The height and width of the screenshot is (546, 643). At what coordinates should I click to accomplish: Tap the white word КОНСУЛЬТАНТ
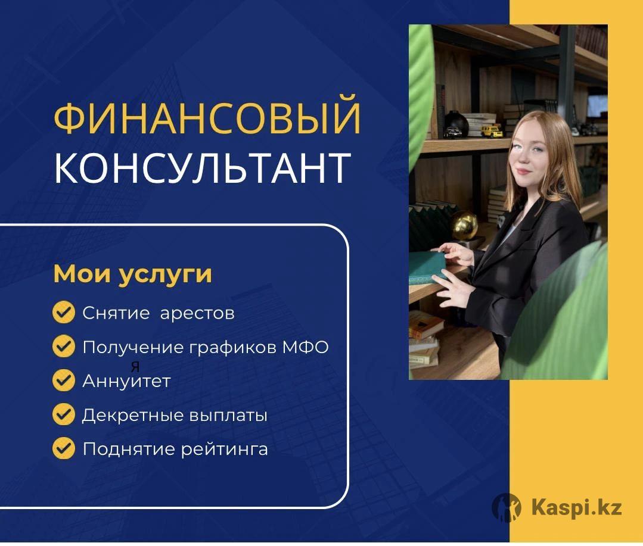(203, 168)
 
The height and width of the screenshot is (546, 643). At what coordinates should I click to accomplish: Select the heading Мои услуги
(133, 274)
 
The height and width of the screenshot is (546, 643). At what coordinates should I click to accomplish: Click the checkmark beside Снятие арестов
(64, 313)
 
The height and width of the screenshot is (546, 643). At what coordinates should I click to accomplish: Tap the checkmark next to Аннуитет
(64, 380)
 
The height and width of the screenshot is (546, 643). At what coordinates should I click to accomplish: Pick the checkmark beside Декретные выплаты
(64, 414)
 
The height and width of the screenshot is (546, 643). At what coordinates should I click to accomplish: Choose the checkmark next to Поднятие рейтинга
(64, 448)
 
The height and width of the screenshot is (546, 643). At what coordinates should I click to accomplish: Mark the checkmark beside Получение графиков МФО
(64, 346)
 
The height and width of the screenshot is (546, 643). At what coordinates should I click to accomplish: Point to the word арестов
(197, 314)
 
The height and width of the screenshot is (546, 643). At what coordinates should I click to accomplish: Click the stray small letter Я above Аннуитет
(135, 367)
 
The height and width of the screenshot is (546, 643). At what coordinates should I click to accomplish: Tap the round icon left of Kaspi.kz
(507, 507)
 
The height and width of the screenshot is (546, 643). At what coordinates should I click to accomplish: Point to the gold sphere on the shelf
(465, 225)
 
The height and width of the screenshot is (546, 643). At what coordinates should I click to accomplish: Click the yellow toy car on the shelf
(491, 131)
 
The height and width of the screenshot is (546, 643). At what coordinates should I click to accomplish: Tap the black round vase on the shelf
(456, 124)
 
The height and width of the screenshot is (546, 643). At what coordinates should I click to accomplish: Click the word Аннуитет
(127, 381)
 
